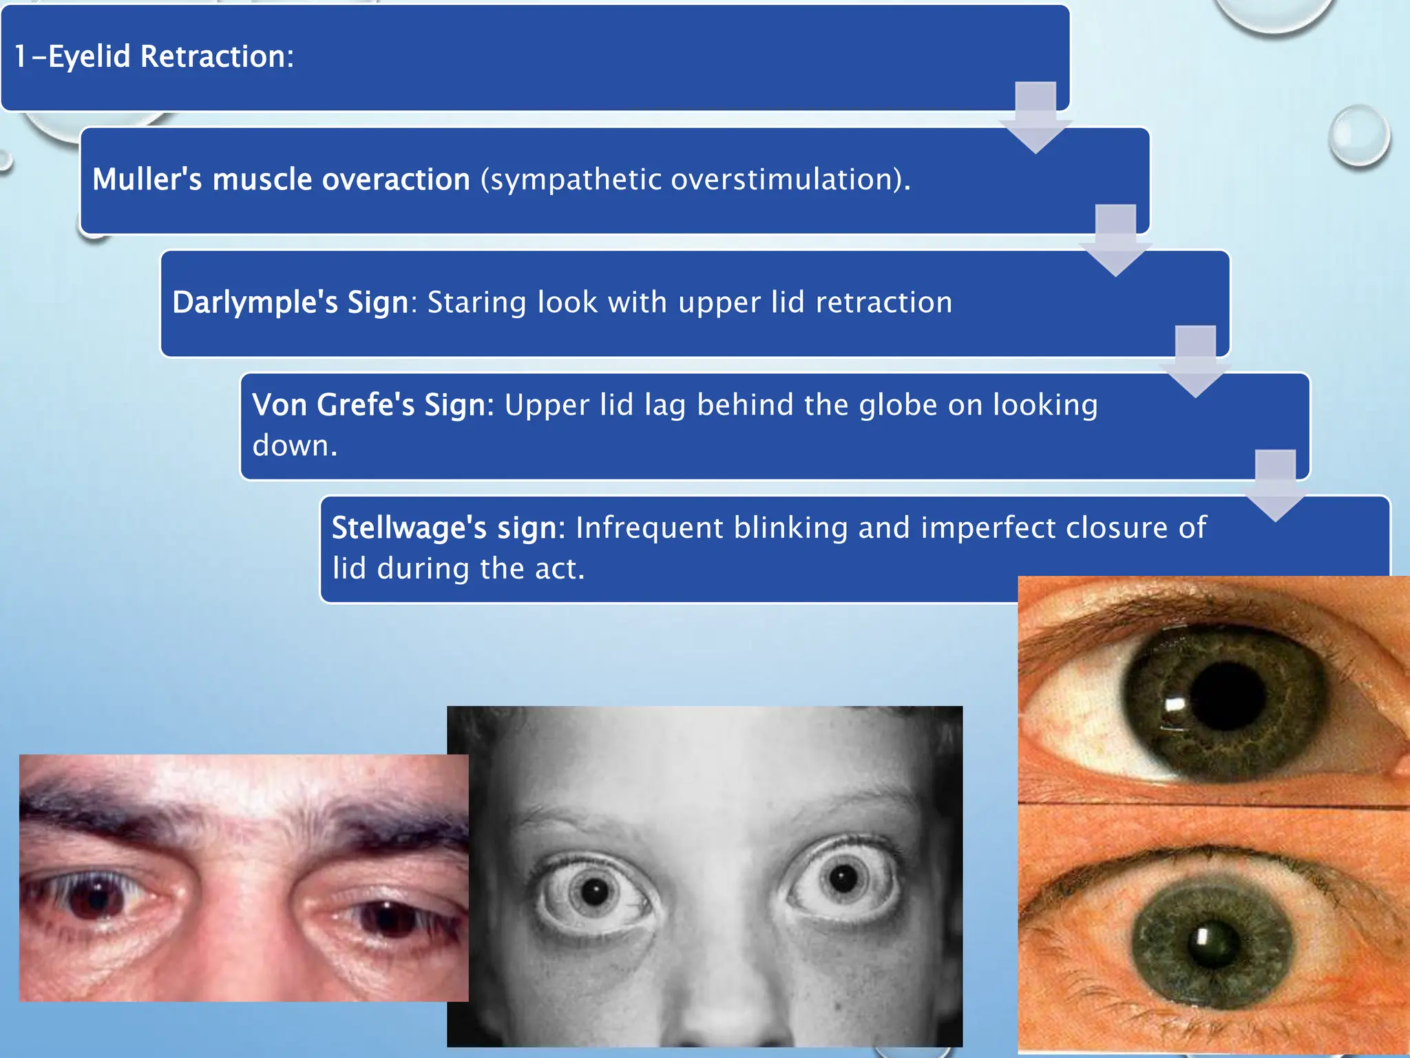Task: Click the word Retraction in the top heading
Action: click(x=217, y=56)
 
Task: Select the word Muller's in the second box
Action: click(x=147, y=180)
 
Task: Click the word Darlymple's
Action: click(x=255, y=303)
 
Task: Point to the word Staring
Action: click(x=476, y=303)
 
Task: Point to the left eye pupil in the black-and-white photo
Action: click(x=595, y=893)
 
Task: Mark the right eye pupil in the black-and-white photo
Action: click(x=843, y=878)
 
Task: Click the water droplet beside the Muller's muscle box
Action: click(x=1359, y=135)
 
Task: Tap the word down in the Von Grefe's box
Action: click(x=295, y=446)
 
